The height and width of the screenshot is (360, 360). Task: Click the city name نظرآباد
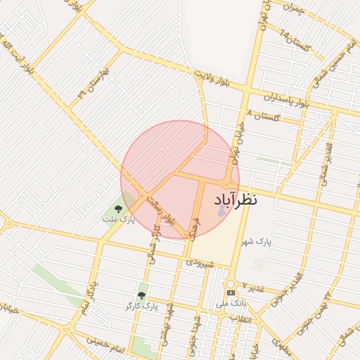point(235,200)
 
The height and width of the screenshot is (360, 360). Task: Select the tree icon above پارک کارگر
point(141,295)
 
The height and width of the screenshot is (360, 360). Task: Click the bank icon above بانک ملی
point(231,292)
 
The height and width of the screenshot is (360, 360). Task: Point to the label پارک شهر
point(255,243)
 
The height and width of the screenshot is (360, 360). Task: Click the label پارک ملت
point(117,220)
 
